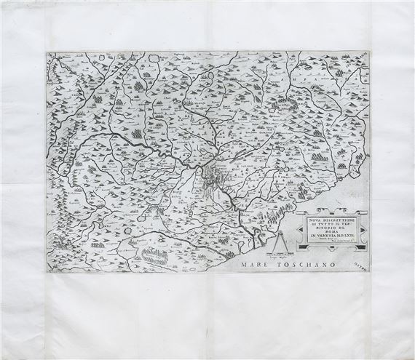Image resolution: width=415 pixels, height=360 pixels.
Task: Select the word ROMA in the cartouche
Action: point(331,231)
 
